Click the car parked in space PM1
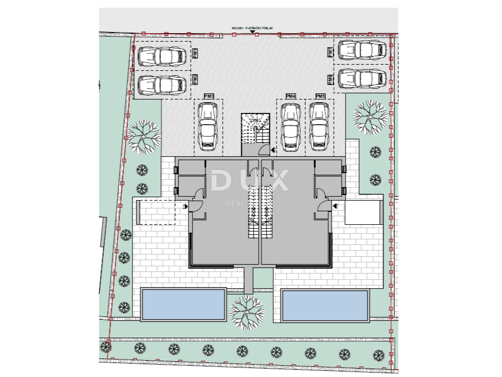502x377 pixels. click(162, 56)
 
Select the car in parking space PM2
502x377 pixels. click(162, 84)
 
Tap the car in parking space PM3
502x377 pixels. click(208, 127)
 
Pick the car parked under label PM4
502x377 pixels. click(291, 127)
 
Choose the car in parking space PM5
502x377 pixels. click(320, 127)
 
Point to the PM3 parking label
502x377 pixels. click(209, 97)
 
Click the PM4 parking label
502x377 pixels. click(291, 97)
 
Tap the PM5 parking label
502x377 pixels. click(320, 97)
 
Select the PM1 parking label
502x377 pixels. click(195, 54)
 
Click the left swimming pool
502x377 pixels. click(183, 304)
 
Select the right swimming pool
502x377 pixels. click(325, 304)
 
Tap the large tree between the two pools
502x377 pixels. click(247, 311)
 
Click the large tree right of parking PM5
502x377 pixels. click(369, 115)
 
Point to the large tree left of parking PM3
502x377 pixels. click(144, 135)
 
